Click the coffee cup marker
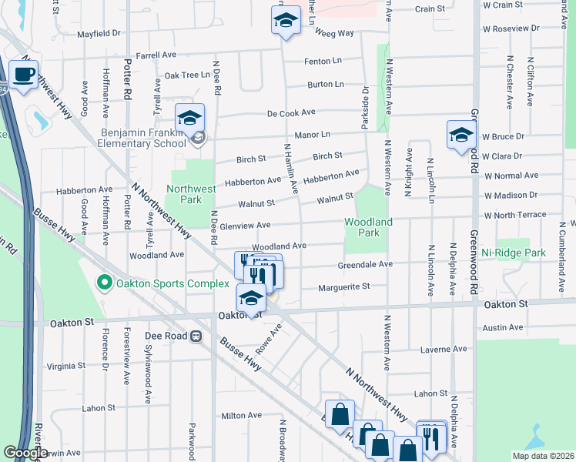coord(24,75)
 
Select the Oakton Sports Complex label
coord(162,283)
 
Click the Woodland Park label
coord(368,227)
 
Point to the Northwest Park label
coord(191,194)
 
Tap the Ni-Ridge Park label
coord(513,253)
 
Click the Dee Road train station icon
coord(196,336)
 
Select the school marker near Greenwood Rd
coord(461,134)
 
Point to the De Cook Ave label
coord(291,112)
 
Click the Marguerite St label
coord(344,286)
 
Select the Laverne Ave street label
coord(444,349)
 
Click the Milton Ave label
coord(237,416)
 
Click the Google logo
coord(25,453)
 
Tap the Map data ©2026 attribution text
coord(543,456)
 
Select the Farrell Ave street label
coord(156,55)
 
